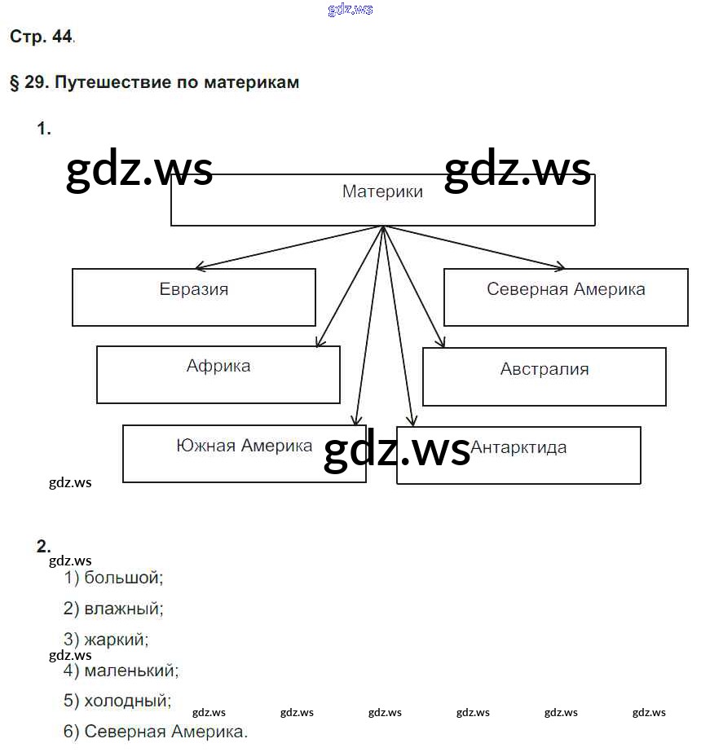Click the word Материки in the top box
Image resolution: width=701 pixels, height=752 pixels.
(382, 192)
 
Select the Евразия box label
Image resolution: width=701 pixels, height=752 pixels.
(194, 289)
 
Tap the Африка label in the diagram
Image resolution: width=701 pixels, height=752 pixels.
(218, 366)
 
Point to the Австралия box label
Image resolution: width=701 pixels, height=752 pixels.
(544, 369)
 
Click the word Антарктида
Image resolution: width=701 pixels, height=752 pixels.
(518, 447)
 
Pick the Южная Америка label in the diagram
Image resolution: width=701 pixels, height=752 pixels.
(244, 446)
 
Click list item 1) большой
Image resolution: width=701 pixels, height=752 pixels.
(114, 578)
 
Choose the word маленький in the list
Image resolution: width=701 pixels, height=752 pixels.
(131, 671)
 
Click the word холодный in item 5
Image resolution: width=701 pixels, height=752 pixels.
(128, 701)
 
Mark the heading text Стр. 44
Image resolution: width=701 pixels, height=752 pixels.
(41, 37)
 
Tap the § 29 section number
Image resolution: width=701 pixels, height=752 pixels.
(26, 83)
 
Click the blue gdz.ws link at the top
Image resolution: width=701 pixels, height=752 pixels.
(350, 10)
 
